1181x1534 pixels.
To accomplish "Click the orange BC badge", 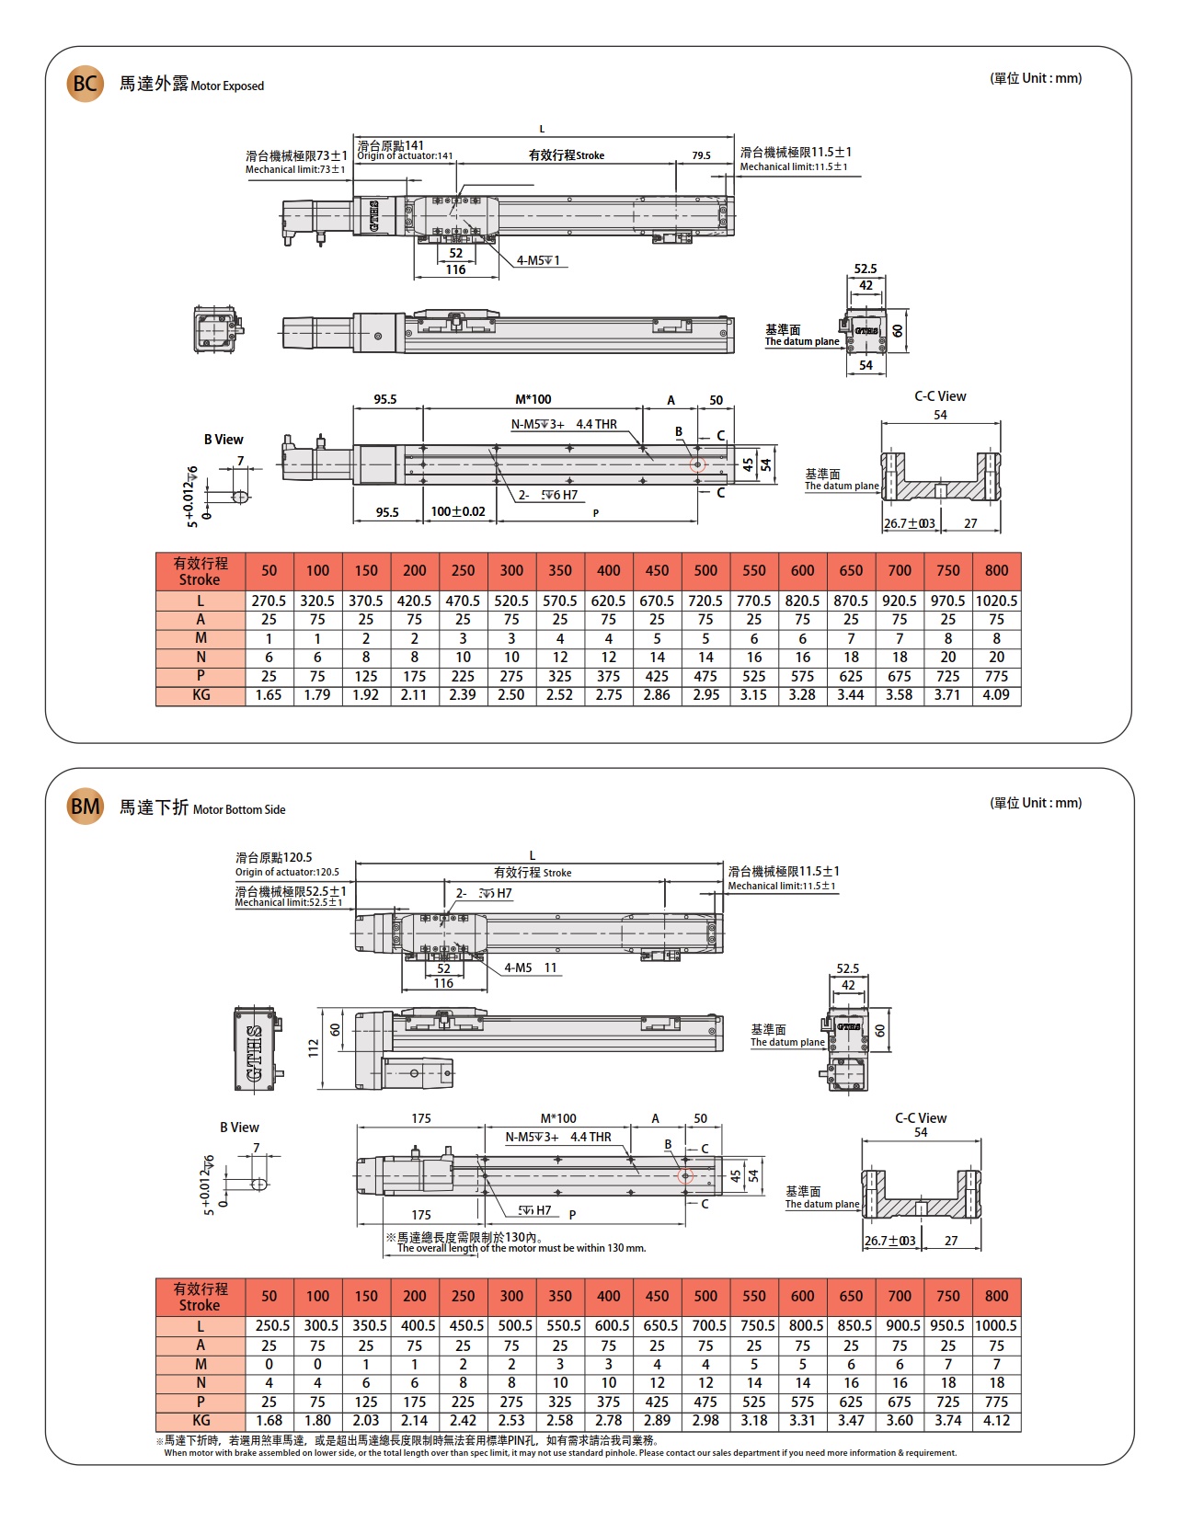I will click(85, 84).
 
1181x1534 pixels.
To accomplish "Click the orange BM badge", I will click(85, 807).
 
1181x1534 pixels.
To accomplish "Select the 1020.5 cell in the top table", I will click(996, 601).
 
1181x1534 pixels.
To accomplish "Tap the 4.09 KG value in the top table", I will click(996, 695).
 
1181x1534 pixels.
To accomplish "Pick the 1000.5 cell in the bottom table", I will click(996, 1326).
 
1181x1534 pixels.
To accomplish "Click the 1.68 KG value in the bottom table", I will click(269, 1421).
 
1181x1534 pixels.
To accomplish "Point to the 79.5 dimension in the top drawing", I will click(701, 155).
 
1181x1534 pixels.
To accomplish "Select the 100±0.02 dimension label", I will click(458, 511).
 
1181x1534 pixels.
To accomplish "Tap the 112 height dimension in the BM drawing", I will click(314, 1047).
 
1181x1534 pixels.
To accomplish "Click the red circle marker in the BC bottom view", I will click(697, 464).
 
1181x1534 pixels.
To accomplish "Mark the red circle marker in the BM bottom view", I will click(685, 1176).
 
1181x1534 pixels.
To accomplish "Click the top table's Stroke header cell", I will click(200, 571).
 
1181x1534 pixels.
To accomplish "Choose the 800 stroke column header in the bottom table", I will click(996, 1296).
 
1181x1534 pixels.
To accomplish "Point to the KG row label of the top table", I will click(200, 695).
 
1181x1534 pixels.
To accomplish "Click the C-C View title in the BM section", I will click(921, 1118).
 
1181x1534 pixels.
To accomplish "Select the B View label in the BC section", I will click(224, 440).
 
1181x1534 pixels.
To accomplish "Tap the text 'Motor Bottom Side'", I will click(239, 810).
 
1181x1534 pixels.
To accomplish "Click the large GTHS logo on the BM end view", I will click(255, 1050).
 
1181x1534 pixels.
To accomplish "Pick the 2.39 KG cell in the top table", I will click(463, 695).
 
